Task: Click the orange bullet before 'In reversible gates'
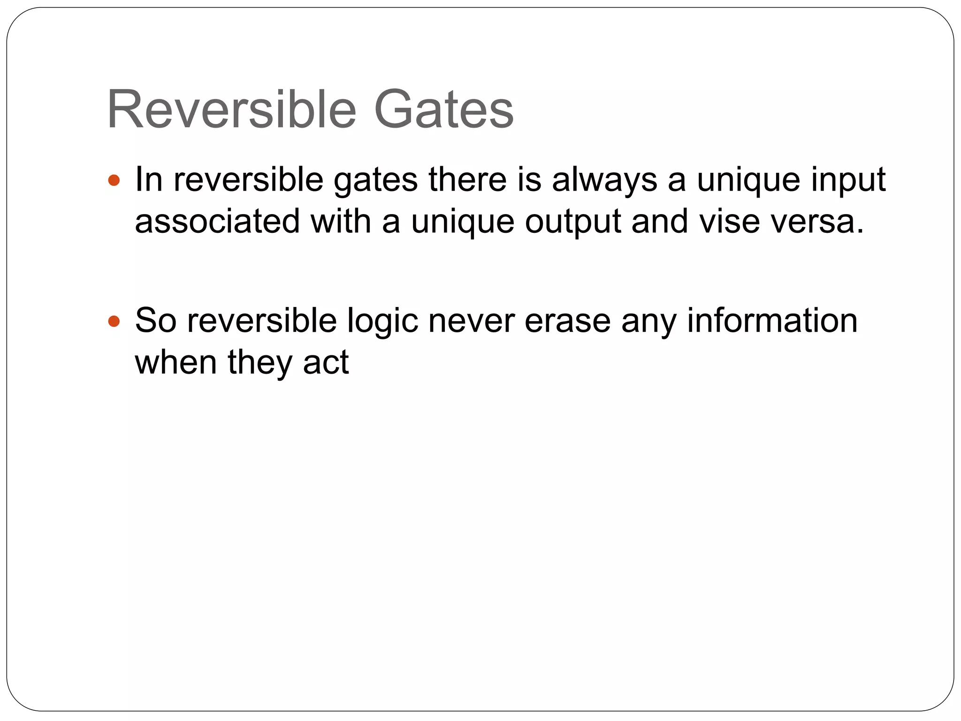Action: (114, 180)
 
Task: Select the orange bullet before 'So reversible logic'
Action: (114, 322)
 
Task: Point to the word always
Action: (604, 180)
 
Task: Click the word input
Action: (848, 180)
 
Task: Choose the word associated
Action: (217, 222)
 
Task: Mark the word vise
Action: (729, 222)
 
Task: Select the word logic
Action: (382, 322)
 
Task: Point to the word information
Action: (772, 321)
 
